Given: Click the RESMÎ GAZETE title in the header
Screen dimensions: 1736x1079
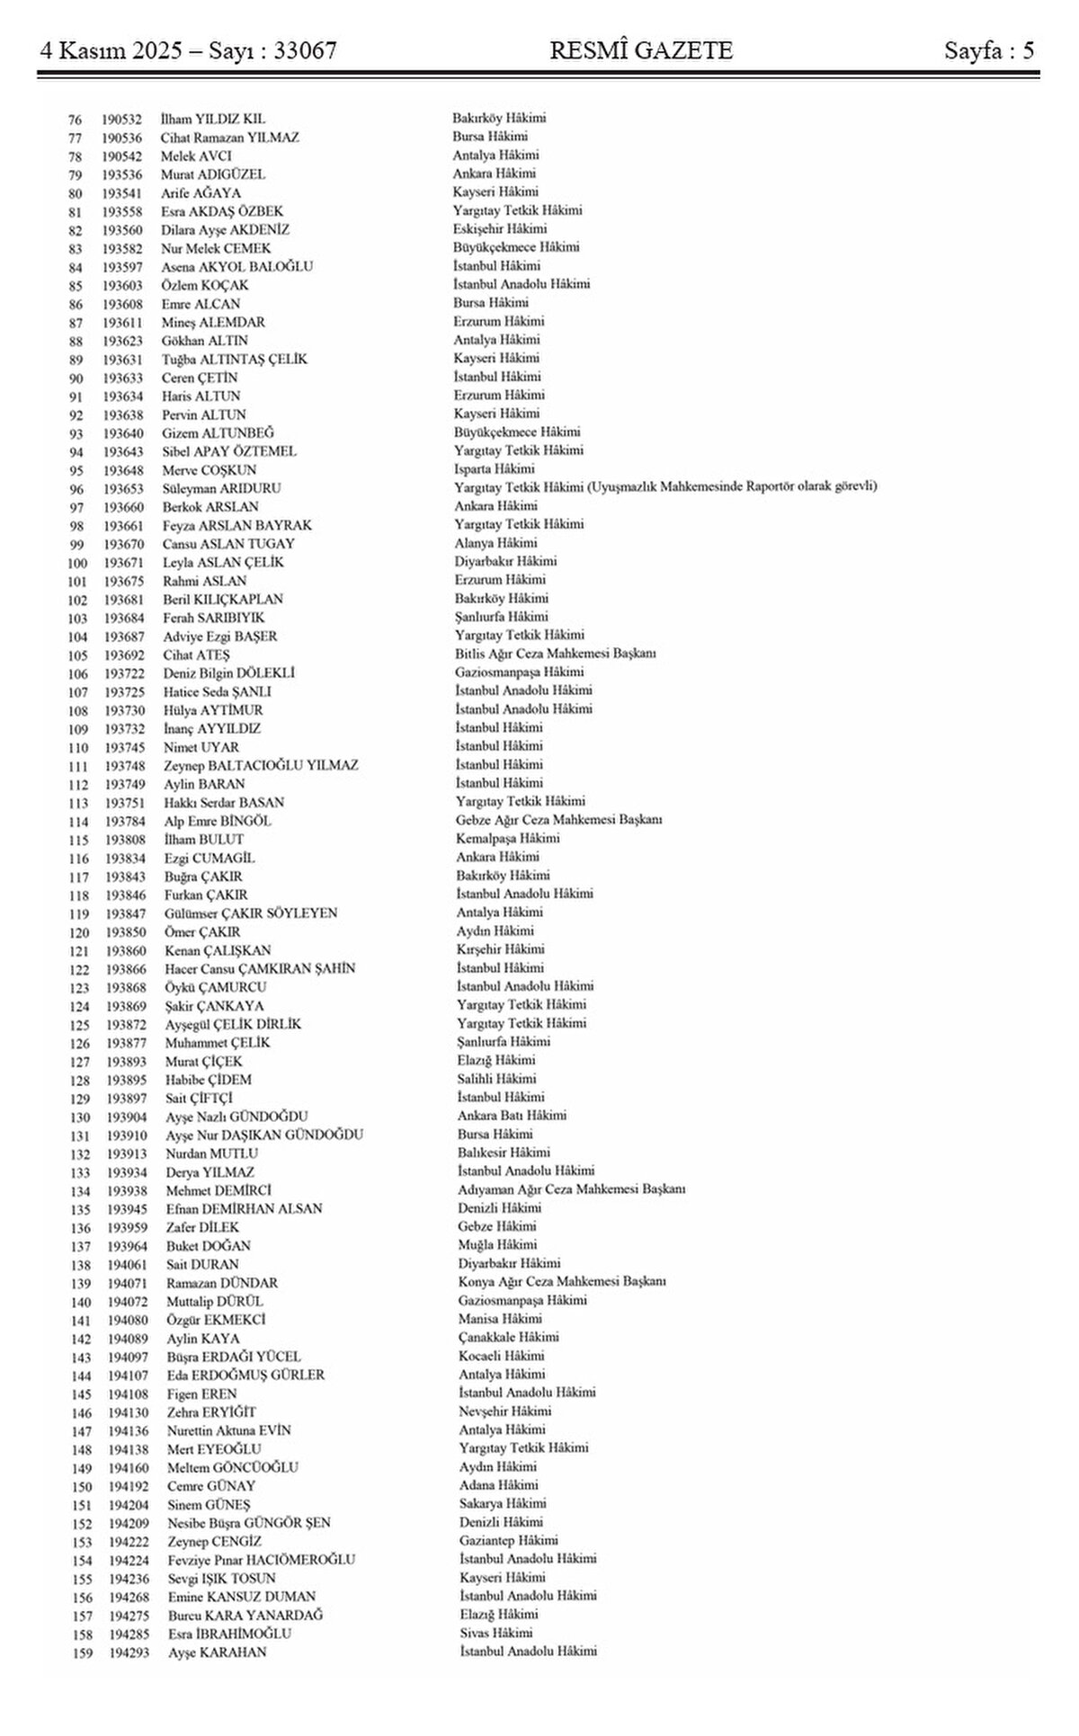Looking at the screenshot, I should point(641,51).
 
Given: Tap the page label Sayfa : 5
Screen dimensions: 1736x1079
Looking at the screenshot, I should point(988,51).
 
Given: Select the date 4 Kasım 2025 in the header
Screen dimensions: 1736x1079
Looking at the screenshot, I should point(112,51).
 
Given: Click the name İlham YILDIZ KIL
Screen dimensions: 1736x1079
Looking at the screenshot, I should point(212,119).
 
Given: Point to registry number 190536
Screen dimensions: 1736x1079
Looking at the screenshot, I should point(120,138).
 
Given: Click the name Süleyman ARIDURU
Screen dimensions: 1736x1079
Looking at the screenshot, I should point(221,488).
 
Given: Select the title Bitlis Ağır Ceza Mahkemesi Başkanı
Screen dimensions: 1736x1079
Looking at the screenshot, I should point(555,654).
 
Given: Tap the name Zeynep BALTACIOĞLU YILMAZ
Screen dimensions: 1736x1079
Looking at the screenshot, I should point(261,765).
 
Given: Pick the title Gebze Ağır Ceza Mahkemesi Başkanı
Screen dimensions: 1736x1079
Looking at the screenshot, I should point(558,820).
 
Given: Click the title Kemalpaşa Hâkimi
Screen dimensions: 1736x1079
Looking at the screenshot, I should point(507,838).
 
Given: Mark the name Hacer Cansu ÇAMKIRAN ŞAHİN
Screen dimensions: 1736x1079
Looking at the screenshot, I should point(260,968).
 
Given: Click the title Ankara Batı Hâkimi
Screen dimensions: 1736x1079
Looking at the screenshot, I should point(512,1116).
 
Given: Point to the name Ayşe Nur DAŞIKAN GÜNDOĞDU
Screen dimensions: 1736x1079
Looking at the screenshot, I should point(264,1135).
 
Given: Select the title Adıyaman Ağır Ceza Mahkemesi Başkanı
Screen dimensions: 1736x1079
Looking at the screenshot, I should point(571,1189).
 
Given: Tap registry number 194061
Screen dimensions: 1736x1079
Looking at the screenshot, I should point(127,1264).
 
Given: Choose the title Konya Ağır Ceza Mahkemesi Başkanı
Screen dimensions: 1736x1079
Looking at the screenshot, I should point(561,1282).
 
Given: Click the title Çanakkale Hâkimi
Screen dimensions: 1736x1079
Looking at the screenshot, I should point(510,1338).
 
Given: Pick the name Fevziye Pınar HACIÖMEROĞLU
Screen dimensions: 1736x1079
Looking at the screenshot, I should point(261,1559).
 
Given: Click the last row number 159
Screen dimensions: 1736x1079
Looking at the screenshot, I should point(82,1652).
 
